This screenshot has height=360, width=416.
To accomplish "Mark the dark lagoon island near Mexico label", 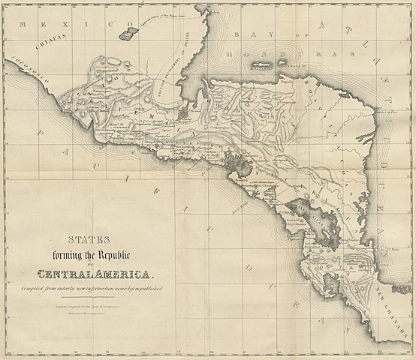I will [x=128, y=33].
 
